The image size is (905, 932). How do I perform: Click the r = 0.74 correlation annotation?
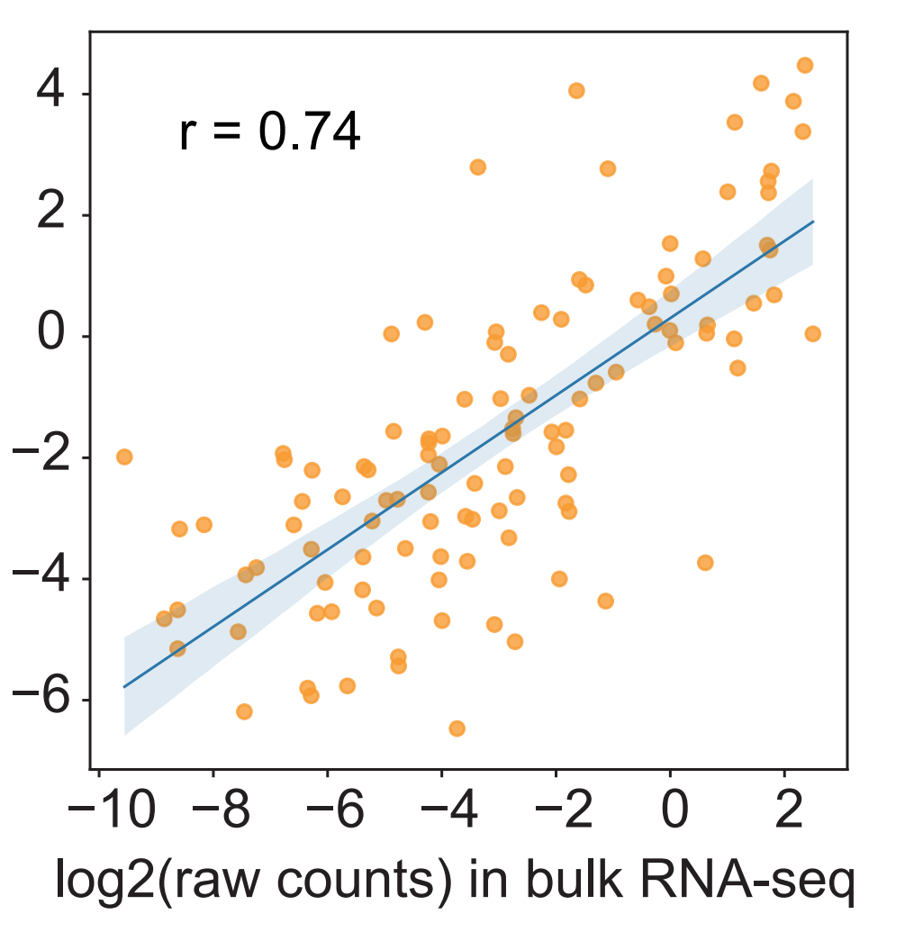coord(270,133)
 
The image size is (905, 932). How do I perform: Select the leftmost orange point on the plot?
coord(124,457)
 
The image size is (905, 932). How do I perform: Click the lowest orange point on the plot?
coord(457,728)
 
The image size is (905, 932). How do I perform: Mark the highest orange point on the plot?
coord(805,65)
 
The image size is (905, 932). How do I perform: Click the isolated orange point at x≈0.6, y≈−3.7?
coord(705,563)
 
